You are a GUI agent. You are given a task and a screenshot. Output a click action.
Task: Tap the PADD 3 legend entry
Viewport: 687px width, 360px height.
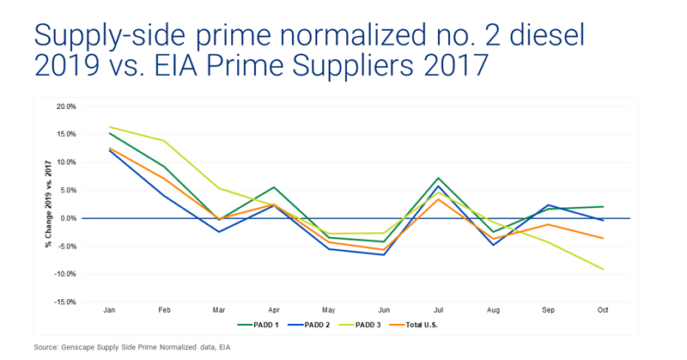(x=360, y=325)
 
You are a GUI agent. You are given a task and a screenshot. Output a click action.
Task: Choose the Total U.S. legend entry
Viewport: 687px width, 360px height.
(x=412, y=325)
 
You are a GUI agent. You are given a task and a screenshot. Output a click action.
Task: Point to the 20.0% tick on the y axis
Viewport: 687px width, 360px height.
(x=66, y=107)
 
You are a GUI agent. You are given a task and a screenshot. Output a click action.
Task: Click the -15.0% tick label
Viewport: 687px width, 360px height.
(x=65, y=302)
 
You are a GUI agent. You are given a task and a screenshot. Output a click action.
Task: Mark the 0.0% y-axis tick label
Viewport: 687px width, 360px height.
(x=68, y=218)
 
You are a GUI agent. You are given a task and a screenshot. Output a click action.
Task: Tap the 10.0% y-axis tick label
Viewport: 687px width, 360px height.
(x=66, y=162)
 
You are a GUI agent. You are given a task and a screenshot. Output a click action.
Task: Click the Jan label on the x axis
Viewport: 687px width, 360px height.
(x=109, y=309)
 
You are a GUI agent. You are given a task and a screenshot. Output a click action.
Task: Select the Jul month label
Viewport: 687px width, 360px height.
(x=438, y=309)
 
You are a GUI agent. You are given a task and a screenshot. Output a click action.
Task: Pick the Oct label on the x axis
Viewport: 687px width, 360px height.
(x=602, y=309)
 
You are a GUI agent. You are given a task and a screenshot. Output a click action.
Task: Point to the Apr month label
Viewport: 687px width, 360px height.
(x=274, y=309)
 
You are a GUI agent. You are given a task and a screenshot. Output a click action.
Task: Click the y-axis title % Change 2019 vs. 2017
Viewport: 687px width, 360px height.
(x=49, y=204)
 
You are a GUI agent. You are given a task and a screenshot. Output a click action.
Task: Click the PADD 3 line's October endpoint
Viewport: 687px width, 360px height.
(x=603, y=270)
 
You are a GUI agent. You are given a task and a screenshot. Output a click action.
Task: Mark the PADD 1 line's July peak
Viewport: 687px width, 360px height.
(x=438, y=178)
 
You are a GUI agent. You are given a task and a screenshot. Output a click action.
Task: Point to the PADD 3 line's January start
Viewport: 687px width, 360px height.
(x=109, y=127)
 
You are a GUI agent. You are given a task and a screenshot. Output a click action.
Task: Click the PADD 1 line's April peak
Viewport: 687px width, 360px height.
(x=274, y=186)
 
